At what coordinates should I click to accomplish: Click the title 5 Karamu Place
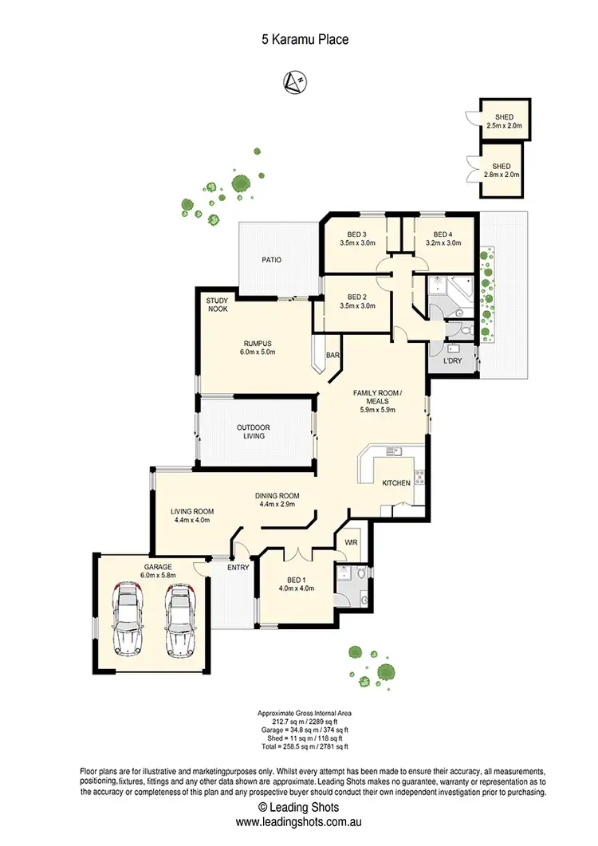(299, 38)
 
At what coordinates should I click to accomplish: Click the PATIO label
(272, 260)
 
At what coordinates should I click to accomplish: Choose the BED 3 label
(356, 238)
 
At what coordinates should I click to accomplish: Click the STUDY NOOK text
(218, 305)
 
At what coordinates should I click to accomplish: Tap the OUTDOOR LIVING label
(253, 431)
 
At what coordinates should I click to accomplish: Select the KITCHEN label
(396, 483)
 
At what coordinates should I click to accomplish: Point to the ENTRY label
(238, 568)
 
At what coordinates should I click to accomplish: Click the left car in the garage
(128, 620)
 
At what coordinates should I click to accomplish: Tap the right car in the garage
(179, 620)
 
